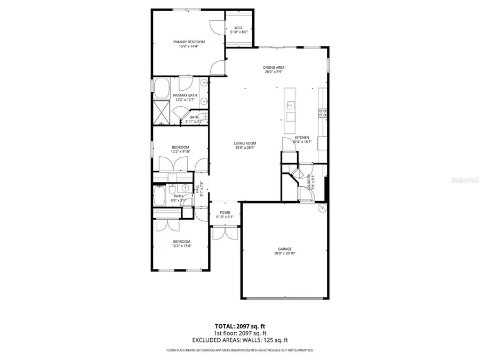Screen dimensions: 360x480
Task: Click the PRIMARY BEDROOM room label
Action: pos(188,42)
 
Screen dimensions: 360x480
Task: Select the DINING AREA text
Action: pos(274,67)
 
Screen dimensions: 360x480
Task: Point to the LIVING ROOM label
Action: pos(245,143)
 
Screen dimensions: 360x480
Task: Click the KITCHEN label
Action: pos(302,137)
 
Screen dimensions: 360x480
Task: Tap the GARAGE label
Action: pos(284,249)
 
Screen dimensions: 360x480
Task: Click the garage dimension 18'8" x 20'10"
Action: pos(284,253)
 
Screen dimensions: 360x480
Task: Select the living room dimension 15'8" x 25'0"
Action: pos(245,148)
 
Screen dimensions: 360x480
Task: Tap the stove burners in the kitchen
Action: pos(322,113)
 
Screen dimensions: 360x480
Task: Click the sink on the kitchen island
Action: pos(291,104)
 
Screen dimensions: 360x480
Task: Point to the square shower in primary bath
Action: pos(162,113)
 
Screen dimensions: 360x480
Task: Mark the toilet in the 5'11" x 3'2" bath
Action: pos(203,117)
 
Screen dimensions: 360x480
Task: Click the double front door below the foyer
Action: pos(224,233)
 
